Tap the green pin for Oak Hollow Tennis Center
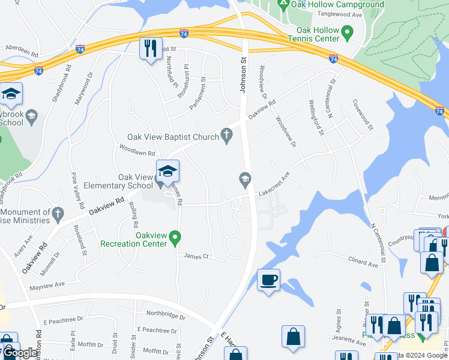[346, 31]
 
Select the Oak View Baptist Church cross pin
[226, 136]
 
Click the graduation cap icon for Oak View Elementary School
[168, 172]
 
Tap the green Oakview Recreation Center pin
[175, 238]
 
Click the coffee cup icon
[268, 280]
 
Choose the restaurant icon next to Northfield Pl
[150, 48]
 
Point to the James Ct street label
[196, 256]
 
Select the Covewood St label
[363, 115]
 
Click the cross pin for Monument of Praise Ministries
[58, 213]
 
